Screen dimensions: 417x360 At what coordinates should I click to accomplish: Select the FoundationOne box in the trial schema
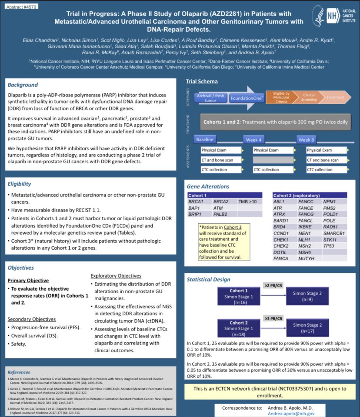click(246, 98)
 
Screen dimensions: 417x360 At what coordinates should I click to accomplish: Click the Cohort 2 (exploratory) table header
click(297, 195)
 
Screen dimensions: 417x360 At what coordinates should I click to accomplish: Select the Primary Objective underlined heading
click(28, 281)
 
